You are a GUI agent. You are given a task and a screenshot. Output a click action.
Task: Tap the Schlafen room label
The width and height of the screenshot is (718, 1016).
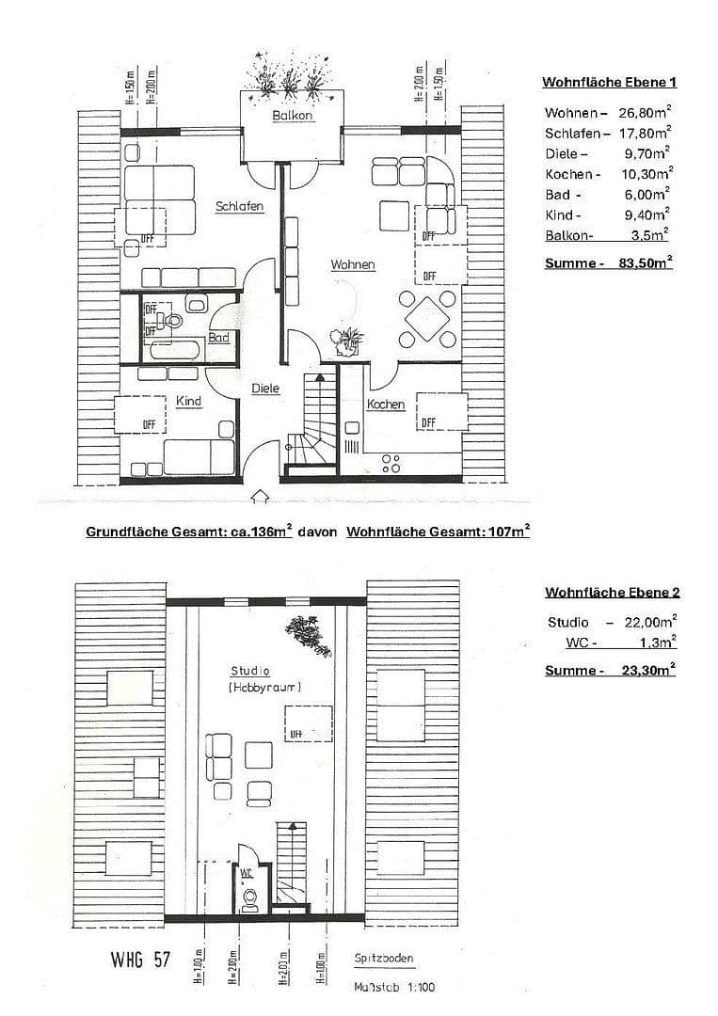point(239,207)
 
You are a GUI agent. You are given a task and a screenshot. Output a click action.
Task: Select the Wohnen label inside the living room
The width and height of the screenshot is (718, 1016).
point(352,265)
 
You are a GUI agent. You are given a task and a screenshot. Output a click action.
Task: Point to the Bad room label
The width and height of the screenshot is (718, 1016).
point(219,337)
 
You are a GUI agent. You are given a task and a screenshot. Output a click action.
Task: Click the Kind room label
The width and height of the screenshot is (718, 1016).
point(189,402)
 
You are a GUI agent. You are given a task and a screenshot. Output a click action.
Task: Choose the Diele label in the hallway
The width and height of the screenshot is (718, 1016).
point(265,389)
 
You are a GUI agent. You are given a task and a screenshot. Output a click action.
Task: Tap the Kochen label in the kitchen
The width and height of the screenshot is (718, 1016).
point(386,405)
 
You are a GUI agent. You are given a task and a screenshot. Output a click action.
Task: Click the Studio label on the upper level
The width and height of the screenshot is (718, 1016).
point(250,672)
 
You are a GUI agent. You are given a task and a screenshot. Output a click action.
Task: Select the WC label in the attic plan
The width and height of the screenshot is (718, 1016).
point(247,872)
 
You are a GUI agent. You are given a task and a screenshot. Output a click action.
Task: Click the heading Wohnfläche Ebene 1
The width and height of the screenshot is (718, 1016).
point(609,83)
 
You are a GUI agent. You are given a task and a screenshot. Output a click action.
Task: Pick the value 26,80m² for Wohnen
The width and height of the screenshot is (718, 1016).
point(644,113)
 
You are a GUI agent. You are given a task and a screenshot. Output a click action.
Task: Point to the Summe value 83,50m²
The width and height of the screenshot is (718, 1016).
point(644,264)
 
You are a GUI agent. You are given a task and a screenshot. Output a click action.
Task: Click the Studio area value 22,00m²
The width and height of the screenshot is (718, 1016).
point(648,622)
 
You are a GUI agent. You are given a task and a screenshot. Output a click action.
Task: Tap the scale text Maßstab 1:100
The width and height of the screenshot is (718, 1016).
point(394,988)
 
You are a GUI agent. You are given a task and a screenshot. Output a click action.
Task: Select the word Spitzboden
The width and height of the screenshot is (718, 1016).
point(384,960)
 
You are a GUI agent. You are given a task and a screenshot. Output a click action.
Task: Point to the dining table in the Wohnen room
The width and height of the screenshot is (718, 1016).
point(427,320)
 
